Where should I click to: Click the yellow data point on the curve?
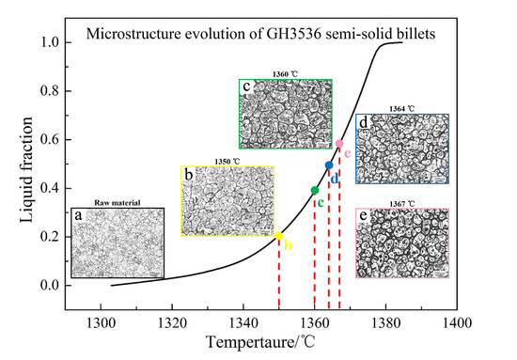tap(279, 237)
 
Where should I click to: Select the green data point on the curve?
tap(315, 191)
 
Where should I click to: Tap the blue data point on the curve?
tap(329, 165)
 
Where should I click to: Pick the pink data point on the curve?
tap(339, 144)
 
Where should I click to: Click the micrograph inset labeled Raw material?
tap(118, 243)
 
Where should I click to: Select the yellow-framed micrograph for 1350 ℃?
tap(227, 199)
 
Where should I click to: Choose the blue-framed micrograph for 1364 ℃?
tap(401, 149)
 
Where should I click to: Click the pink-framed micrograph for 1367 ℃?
tap(401, 243)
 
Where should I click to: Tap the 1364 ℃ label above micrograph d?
tap(402, 108)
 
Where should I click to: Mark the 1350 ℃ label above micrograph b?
tap(228, 162)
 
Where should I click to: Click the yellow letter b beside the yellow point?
tap(289, 246)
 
